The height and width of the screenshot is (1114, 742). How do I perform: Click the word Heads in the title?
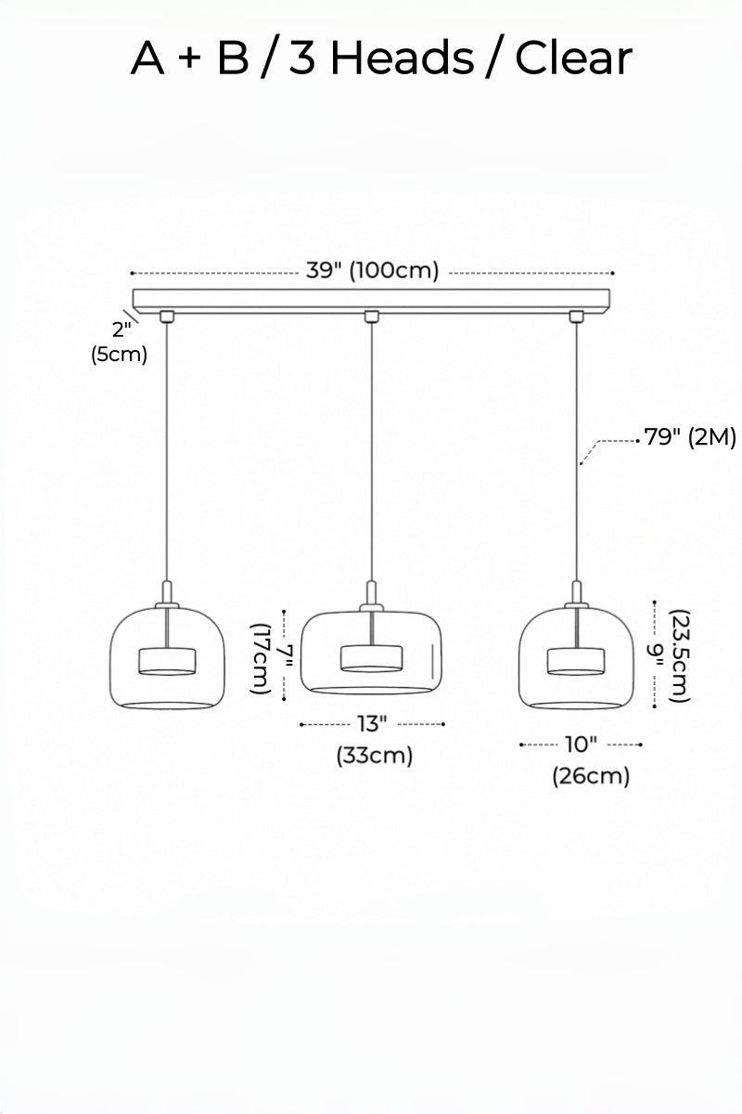coord(402,58)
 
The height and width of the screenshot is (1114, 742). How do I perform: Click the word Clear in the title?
coord(573,58)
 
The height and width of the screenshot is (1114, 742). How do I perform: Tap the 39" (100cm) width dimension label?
coord(372,270)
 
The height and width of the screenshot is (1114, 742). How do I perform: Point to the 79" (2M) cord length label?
coord(690,437)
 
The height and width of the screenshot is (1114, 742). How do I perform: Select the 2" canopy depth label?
coord(122,330)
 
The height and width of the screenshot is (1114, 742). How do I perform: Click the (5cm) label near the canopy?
coord(120,355)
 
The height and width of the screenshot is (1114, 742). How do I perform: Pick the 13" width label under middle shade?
coord(372,723)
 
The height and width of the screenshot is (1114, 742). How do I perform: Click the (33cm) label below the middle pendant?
coord(375,756)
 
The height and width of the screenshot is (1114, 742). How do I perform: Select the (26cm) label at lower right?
coord(591,776)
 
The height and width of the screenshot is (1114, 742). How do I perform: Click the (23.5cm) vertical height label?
coord(680,656)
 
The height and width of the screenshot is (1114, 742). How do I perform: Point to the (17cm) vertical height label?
coord(261,658)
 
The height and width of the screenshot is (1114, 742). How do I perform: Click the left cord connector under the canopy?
coord(167,317)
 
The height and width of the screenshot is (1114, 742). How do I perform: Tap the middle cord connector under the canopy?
coord(371,317)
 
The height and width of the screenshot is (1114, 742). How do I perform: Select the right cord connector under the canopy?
coord(577,317)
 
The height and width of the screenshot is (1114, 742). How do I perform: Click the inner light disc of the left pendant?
coord(167,661)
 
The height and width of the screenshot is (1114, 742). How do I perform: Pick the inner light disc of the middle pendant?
coord(371,658)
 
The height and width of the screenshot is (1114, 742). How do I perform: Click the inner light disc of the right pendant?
coord(577,661)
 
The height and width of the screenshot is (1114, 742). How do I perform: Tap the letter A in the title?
coord(147,58)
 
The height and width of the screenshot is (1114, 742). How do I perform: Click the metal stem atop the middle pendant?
coord(371,593)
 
